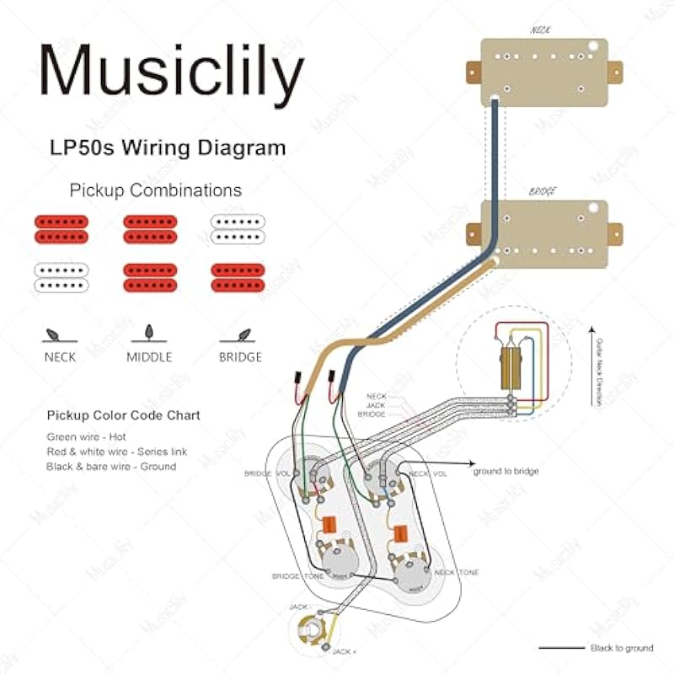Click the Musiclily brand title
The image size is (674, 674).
(x=171, y=71)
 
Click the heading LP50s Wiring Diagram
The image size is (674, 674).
(x=167, y=148)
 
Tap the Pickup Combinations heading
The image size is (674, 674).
(x=155, y=190)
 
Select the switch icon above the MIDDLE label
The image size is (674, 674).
(x=149, y=331)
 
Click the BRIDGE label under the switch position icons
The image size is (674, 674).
(x=239, y=356)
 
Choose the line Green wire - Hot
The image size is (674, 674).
(x=86, y=436)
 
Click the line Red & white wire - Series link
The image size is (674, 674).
(x=117, y=452)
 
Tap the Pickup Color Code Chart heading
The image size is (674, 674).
(x=123, y=416)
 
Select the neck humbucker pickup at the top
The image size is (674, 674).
(x=544, y=70)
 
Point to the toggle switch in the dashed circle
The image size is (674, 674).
(x=511, y=362)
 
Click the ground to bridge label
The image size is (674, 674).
(x=505, y=470)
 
